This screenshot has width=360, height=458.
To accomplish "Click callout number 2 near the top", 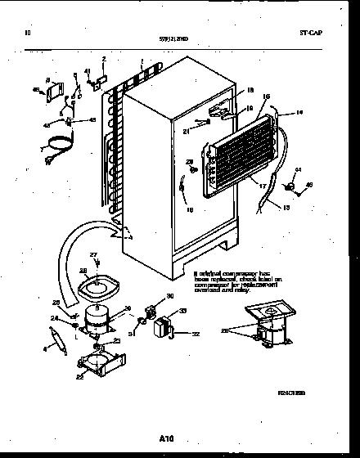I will click(104, 60).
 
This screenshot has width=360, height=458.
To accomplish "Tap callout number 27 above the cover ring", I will click(94, 255).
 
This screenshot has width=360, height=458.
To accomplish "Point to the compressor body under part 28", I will click(92, 318).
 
